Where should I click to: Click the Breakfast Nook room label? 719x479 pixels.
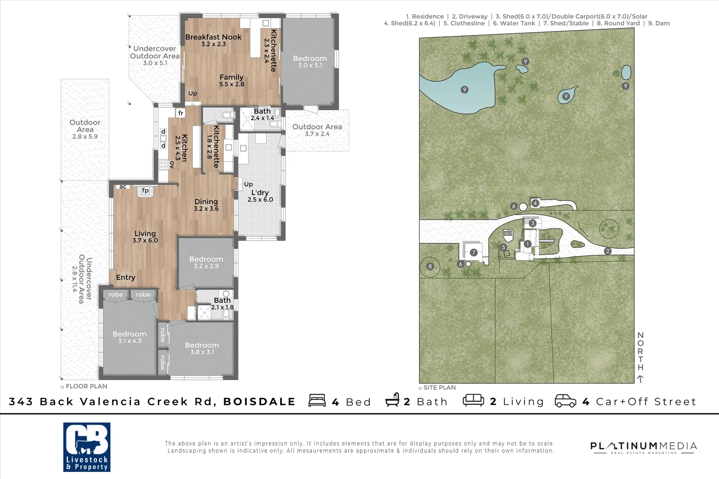pos(213,40)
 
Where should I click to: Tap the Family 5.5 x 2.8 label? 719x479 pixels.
pos(231,80)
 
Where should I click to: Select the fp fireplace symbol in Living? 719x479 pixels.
pos(145,191)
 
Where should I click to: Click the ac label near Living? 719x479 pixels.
pos(123,187)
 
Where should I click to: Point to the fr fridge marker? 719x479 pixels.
pos(181,113)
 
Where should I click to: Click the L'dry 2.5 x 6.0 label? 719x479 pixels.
pos(260,196)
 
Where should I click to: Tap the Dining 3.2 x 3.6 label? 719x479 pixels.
pos(206,204)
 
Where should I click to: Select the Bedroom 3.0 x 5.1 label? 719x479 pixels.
pos(309,61)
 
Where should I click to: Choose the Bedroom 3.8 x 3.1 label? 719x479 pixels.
pos(202,348)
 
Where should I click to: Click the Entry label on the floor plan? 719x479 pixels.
pos(125,277)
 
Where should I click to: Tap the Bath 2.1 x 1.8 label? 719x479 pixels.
pos(222,303)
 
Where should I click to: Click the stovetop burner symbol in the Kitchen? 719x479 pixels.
pos(163,165)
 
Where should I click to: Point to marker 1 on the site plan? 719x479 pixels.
pos(527,244)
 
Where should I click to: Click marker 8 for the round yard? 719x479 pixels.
pos(430,267)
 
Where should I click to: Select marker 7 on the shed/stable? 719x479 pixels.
pos(474,252)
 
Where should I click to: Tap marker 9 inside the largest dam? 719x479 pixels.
pos(464,90)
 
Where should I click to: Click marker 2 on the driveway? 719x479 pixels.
pos(608,251)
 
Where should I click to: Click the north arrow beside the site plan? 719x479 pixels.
pos(640,378)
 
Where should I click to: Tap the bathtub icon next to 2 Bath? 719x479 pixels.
pos(392,400)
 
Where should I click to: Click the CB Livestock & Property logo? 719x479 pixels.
pos(87,447)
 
